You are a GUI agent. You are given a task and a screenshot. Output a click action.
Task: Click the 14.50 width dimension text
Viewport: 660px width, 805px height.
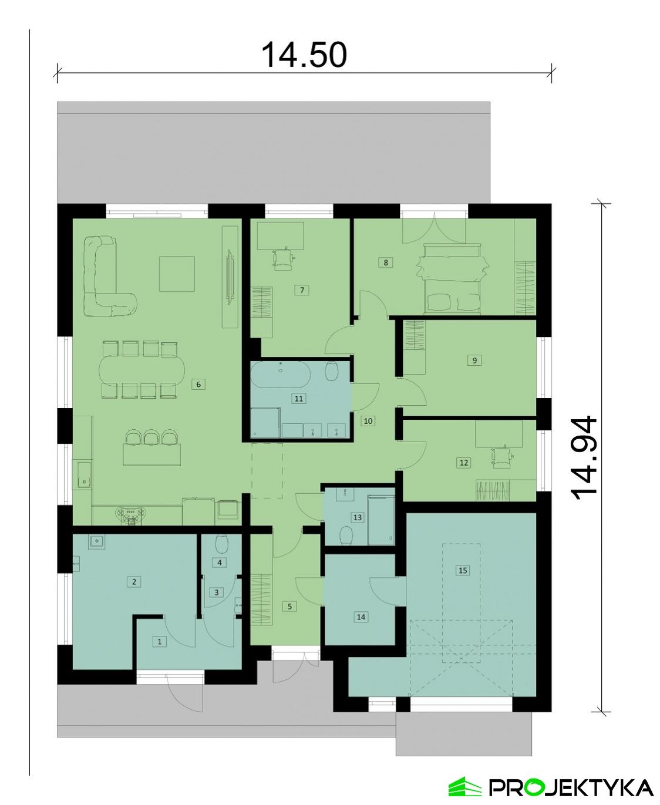304,55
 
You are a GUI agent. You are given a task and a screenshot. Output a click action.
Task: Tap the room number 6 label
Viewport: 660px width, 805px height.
199,385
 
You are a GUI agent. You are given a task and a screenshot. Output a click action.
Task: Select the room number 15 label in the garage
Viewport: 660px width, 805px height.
463,570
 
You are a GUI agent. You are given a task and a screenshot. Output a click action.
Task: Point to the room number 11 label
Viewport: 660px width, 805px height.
299,399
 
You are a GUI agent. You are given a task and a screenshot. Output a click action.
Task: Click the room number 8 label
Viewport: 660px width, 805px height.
386,262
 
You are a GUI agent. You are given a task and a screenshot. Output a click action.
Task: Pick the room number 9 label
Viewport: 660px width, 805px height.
474,361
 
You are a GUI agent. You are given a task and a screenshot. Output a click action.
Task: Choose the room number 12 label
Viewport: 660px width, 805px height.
464,463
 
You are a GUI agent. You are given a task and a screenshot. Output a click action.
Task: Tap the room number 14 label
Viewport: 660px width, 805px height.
361,617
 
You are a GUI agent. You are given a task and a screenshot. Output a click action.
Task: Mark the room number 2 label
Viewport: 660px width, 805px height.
134,582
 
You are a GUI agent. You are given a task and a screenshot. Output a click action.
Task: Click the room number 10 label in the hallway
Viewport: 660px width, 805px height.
368,421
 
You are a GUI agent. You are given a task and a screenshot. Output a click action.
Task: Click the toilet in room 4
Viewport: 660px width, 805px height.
221,544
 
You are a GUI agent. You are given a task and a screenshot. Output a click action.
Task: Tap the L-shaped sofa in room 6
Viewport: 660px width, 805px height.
106,279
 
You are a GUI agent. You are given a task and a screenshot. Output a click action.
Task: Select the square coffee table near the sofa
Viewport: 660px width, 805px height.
177,274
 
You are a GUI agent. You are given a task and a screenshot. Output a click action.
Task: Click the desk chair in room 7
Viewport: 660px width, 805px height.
284,259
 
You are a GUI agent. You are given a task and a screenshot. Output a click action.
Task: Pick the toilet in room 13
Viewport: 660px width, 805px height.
346,535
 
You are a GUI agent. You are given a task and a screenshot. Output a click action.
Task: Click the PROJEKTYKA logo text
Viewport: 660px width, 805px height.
570,787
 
